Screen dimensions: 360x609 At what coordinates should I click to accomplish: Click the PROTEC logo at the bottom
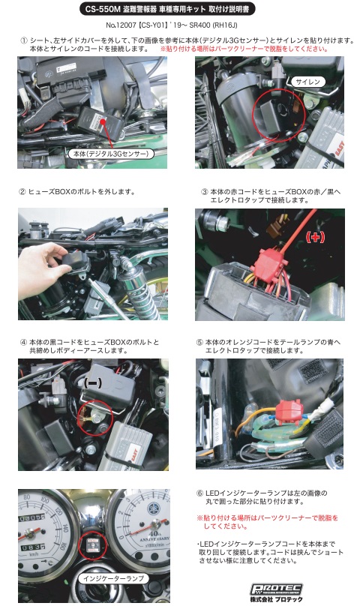(276, 589)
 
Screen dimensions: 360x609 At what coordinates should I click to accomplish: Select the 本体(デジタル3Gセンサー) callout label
(111, 154)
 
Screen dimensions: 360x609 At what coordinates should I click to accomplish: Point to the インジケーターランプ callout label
(113, 578)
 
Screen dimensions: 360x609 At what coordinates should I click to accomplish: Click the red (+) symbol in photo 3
(315, 236)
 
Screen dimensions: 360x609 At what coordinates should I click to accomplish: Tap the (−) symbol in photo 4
(93, 383)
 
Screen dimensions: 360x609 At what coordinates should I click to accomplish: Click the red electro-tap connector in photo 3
(267, 260)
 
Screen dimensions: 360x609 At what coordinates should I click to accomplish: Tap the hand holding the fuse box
(43, 267)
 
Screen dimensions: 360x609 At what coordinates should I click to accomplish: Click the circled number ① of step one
(24, 40)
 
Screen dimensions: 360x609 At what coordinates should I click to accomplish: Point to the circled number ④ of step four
(24, 342)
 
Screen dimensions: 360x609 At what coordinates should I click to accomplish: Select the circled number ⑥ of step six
(200, 493)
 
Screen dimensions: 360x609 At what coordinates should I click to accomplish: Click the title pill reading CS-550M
(167, 9)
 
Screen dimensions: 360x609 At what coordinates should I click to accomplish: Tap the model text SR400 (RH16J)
(213, 25)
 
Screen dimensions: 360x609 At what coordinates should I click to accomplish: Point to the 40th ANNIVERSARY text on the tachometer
(155, 536)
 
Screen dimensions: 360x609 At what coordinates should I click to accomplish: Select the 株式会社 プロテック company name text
(276, 599)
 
